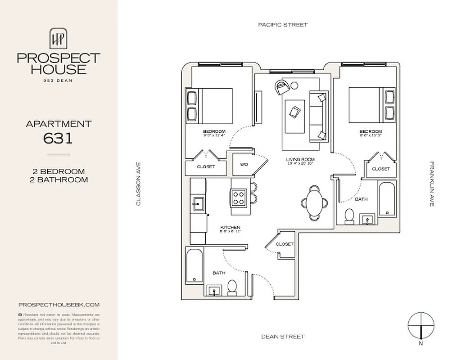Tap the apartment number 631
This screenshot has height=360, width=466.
tap(59, 139)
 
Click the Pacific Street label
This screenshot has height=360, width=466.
tap(283, 25)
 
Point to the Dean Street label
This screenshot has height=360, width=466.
tap(283, 336)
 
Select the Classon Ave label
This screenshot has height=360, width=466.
tap(139, 184)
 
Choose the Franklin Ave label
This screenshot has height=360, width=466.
tap(431, 184)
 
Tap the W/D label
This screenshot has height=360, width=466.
tap(244, 164)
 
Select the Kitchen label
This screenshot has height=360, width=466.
tap(230, 228)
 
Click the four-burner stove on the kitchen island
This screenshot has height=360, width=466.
tap(239, 197)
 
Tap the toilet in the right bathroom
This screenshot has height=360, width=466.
tap(348, 216)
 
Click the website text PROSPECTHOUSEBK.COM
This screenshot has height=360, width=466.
tap(59, 305)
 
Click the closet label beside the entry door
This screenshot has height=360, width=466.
tap(284, 244)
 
